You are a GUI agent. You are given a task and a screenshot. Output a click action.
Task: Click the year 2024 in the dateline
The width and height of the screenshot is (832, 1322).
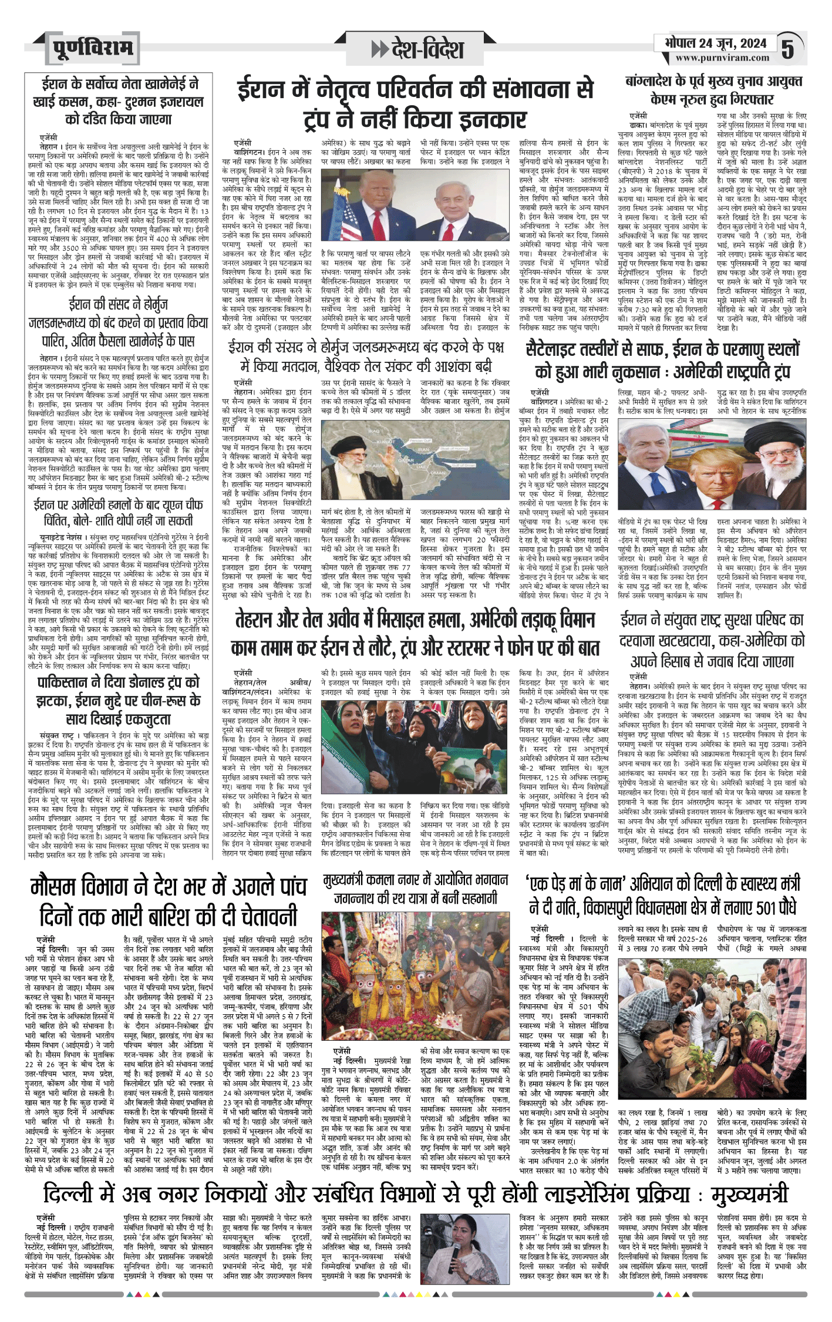753,43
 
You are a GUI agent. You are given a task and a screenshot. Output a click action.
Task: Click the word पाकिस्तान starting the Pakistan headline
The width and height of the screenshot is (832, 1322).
67,682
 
